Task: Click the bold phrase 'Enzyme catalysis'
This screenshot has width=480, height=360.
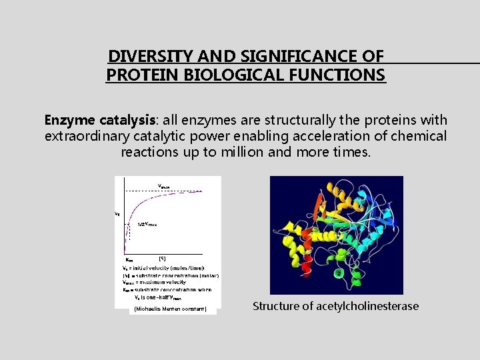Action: coord(99,121)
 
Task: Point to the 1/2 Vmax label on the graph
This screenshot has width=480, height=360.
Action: coord(147,225)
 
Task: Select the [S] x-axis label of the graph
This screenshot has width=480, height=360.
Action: coord(162,258)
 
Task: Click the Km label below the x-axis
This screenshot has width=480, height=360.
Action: coord(129,259)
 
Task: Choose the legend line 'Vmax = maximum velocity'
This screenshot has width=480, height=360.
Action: coord(157,282)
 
